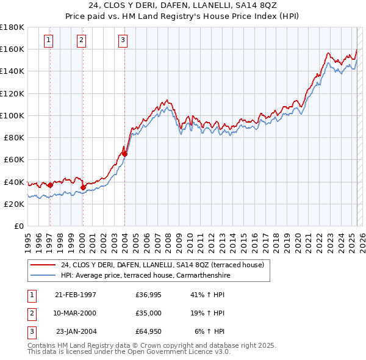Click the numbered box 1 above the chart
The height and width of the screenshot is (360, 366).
pyautogui.click(x=48, y=41)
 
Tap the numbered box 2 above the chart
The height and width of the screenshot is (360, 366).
pyautogui.click(x=81, y=41)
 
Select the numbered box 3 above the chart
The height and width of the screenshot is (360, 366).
pyautogui.click(x=123, y=41)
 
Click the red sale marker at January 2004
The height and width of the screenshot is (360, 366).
pyautogui.click(x=124, y=154)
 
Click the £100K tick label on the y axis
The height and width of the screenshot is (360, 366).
pyautogui.click(x=12, y=115)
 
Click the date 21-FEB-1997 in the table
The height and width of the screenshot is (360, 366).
pyautogui.click(x=75, y=295)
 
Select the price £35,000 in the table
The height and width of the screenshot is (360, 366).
pyautogui.click(x=149, y=313)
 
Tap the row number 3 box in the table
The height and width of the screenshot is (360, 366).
pyautogui.click(x=31, y=331)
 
